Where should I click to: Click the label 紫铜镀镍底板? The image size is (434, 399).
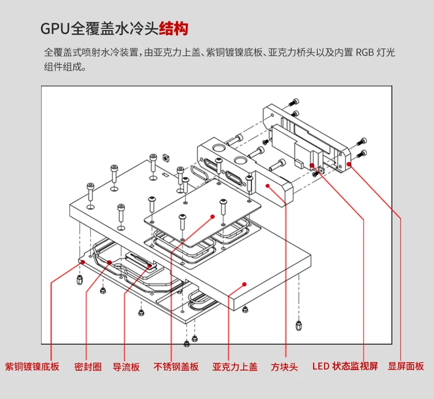pos(32,367)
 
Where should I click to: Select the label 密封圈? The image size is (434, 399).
pos(88,367)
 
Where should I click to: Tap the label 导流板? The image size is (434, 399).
pos(126,367)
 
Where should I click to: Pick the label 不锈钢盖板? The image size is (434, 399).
pos(176,367)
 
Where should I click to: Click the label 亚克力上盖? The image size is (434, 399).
pos(235,367)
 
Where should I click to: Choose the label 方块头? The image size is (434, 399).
pos(284,367)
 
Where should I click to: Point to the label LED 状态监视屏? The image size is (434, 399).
pos(345,366)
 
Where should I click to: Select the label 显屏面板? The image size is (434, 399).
pos(406,366)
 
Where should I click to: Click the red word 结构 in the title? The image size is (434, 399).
pos(174,28)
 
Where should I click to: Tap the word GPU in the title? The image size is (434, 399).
pos(55,28)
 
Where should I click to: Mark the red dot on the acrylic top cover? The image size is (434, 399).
pos(244,285)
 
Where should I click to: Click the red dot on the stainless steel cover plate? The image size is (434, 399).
pos(212,217)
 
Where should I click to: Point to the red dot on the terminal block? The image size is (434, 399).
pos(268,186)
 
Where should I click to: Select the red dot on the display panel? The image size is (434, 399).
pos(349,164)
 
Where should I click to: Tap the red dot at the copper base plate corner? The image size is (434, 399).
pos(83,262)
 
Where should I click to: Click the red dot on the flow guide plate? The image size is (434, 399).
pos(150,266)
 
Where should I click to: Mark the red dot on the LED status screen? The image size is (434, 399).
pos(312,165)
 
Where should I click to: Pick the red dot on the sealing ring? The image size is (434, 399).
pos(109,263)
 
